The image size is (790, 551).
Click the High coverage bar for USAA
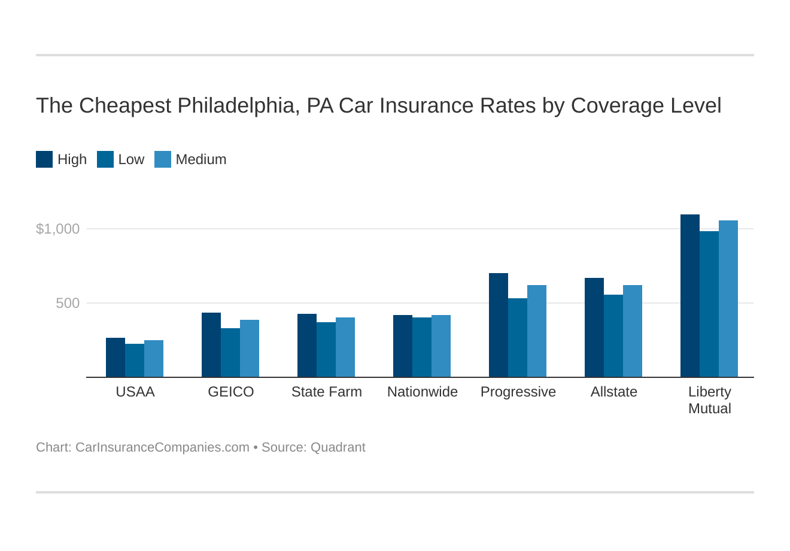tap(116, 358)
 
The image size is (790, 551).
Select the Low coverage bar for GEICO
tap(230, 353)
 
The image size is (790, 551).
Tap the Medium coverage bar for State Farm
tap(345, 347)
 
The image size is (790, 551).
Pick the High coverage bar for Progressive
tap(499, 325)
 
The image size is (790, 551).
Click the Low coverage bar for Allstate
tap(613, 336)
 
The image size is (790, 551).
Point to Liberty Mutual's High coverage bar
tap(690, 296)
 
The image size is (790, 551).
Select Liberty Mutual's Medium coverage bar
tap(728, 299)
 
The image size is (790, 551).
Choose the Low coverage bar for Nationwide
tap(422, 347)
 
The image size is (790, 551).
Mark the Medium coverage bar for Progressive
tap(537, 331)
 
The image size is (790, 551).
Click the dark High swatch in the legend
tap(44, 159)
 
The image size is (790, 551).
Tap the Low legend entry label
tap(131, 159)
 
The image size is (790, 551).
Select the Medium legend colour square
tap(163, 159)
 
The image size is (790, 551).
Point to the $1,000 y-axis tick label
tap(57, 229)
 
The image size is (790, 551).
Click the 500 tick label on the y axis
tap(68, 303)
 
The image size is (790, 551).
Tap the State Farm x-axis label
tap(326, 392)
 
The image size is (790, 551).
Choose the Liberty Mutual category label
tap(709, 400)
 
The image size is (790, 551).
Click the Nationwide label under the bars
tap(422, 392)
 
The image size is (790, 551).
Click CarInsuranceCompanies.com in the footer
tap(162, 447)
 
